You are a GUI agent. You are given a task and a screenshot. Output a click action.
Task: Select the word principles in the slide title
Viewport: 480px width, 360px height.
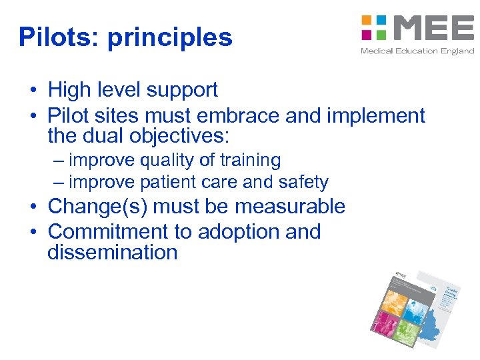pos(170,39)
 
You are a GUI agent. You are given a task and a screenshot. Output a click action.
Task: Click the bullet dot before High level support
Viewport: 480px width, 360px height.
pos(32,91)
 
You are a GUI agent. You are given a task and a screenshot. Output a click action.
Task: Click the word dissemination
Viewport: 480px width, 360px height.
pos(112,253)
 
